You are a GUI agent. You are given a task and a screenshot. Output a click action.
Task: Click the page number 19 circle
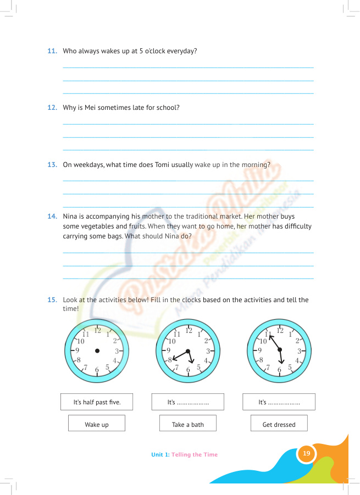click(307, 453)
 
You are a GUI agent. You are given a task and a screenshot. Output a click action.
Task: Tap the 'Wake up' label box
click(97, 424)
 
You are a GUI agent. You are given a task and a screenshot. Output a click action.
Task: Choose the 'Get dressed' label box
click(279, 424)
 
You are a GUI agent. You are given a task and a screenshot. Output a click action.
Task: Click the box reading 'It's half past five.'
click(97, 402)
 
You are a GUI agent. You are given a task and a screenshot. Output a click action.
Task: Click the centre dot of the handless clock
click(97, 351)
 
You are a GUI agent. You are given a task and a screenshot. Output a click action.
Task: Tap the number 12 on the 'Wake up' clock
click(97, 330)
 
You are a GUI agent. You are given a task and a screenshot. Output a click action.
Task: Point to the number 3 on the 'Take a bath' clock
click(208, 351)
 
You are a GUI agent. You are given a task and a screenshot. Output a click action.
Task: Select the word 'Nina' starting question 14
click(71, 216)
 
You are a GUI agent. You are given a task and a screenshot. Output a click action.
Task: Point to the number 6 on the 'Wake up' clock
click(97, 370)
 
